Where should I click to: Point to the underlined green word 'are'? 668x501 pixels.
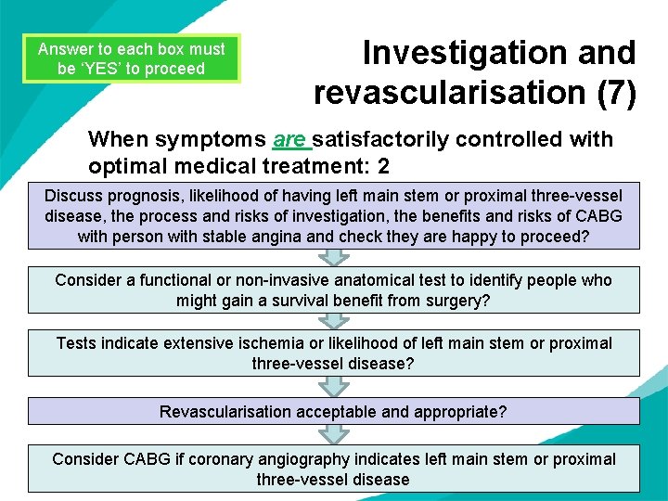(291, 140)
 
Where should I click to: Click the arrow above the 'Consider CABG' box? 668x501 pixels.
(333, 434)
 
